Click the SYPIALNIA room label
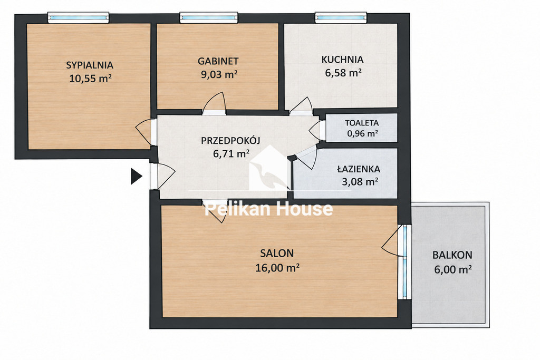pos(90,65)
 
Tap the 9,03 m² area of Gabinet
pos(219,74)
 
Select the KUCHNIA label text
pos(342,60)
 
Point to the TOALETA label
pos(362,123)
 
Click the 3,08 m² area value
pos(360,181)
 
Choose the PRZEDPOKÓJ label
pos(231,140)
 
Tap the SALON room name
pos(277,254)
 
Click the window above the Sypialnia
pos(78,17)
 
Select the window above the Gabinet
pos(209,17)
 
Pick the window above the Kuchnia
pos(341,17)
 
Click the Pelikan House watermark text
pos(268,209)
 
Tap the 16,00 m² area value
pos(277,267)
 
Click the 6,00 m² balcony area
pos(452,269)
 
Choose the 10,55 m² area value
pos(90,79)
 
